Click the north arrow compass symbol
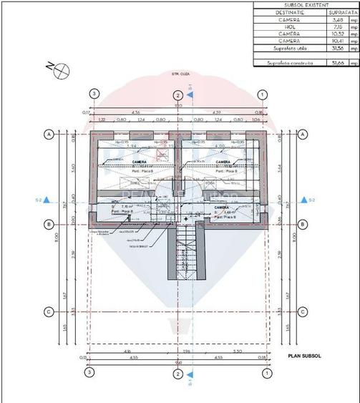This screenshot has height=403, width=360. pos(62,68)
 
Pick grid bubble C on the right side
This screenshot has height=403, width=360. pos(303,311)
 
